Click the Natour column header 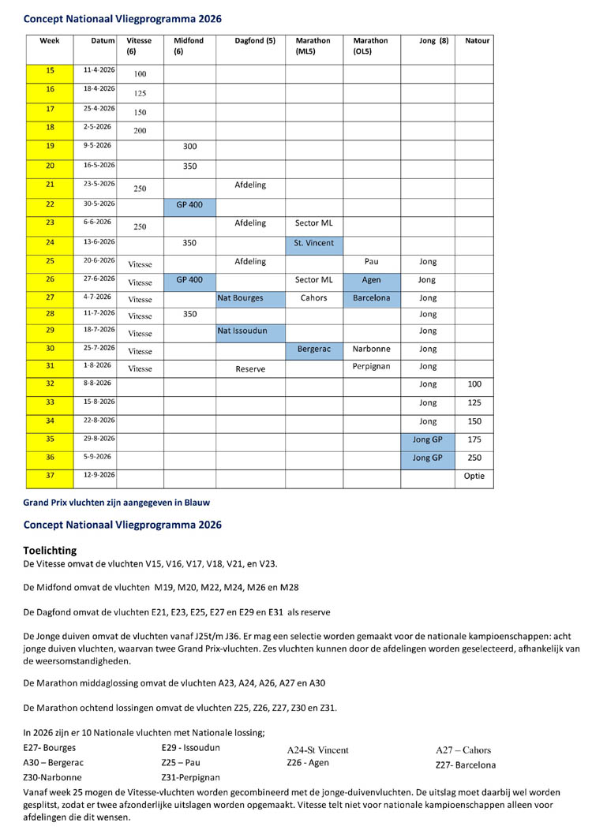(x=478, y=40)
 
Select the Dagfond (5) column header (x=255, y=40)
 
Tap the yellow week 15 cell (x=50, y=70)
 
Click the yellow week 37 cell (x=50, y=476)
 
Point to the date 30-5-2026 (x=99, y=204)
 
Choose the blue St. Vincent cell (x=313, y=243)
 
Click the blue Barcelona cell (x=371, y=298)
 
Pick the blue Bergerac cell (x=313, y=348)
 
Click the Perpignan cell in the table (x=371, y=366)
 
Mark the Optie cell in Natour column (x=474, y=476)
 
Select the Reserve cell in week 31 (x=250, y=368)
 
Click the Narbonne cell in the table (x=371, y=348)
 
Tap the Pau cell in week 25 (x=371, y=261)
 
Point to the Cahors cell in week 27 (x=313, y=298)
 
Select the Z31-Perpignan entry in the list (x=190, y=777)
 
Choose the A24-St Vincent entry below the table (x=317, y=750)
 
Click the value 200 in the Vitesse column (x=140, y=130)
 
